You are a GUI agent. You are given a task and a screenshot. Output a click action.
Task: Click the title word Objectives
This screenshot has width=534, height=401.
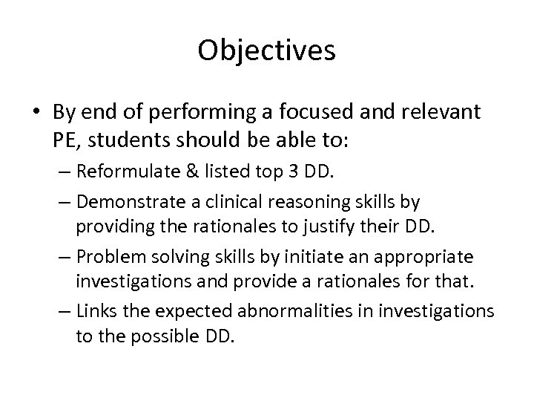tap(266, 50)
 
